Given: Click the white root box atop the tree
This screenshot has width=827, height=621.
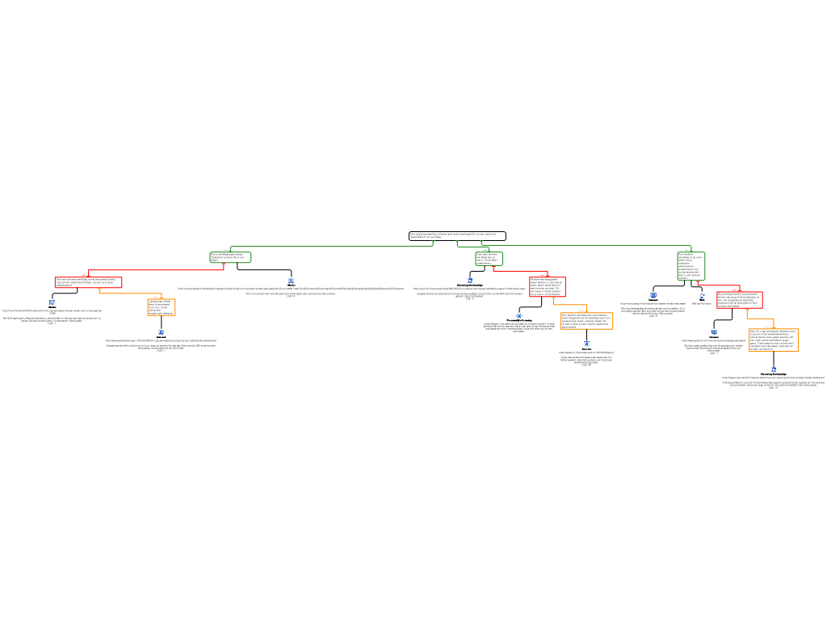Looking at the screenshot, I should [x=457, y=236].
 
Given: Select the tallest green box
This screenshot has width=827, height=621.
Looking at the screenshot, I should [x=691, y=266].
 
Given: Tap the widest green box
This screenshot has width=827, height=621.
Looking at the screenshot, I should [x=230, y=257].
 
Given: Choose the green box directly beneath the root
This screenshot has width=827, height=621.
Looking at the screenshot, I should [x=489, y=259].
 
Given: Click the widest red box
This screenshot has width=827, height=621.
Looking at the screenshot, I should [x=88, y=282].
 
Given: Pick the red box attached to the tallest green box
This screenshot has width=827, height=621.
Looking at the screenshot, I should [x=739, y=300].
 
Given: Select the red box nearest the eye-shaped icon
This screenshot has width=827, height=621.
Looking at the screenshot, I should [x=547, y=287].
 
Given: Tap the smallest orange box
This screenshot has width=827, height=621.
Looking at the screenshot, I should [x=161, y=307].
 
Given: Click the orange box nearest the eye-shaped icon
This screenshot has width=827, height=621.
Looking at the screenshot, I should [x=586, y=321].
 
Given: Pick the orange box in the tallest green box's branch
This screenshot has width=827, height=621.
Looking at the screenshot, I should [x=773, y=340].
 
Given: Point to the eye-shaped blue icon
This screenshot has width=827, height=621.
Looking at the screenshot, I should [x=519, y=315].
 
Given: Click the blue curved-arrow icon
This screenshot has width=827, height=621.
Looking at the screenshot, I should [x=702, y=295].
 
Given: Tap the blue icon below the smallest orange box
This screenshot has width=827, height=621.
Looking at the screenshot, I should [x=161, y=332].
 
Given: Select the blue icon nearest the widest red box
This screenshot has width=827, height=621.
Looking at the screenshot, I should [x=52, y=302].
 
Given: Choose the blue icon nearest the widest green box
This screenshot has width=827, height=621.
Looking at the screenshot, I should [x=291, y=281].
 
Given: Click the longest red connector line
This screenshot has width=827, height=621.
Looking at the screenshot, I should [x=153, y=270].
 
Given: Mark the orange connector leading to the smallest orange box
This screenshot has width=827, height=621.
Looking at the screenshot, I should [x=129, y=294].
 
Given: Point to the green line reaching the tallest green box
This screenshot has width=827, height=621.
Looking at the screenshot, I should [x=590, y=246].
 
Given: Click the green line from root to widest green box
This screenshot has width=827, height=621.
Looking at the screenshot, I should [x=331, y=246].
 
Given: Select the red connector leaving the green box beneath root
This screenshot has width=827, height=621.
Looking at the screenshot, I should [x=521, y=271].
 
